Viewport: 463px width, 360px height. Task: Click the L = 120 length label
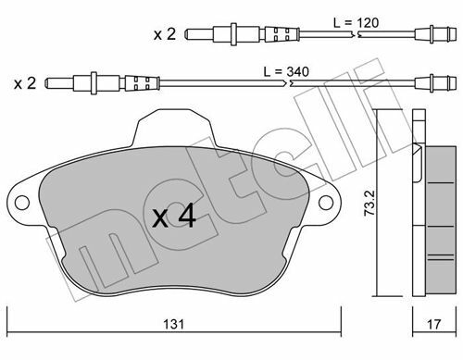(356, 23)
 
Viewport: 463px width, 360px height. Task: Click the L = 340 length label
(286, 72)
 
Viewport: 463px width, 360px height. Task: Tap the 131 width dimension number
(173, 324)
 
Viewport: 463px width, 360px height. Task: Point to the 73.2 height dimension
(369, 203)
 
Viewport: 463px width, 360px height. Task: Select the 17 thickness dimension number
(433, 324)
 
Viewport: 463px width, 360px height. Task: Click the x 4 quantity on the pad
(174, 216)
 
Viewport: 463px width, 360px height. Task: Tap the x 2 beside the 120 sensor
(165, 34)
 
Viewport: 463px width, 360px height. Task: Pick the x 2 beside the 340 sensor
(25, 83)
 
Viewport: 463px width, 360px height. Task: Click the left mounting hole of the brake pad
(22, 203)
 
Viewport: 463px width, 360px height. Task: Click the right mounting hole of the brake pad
(326, 203)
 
